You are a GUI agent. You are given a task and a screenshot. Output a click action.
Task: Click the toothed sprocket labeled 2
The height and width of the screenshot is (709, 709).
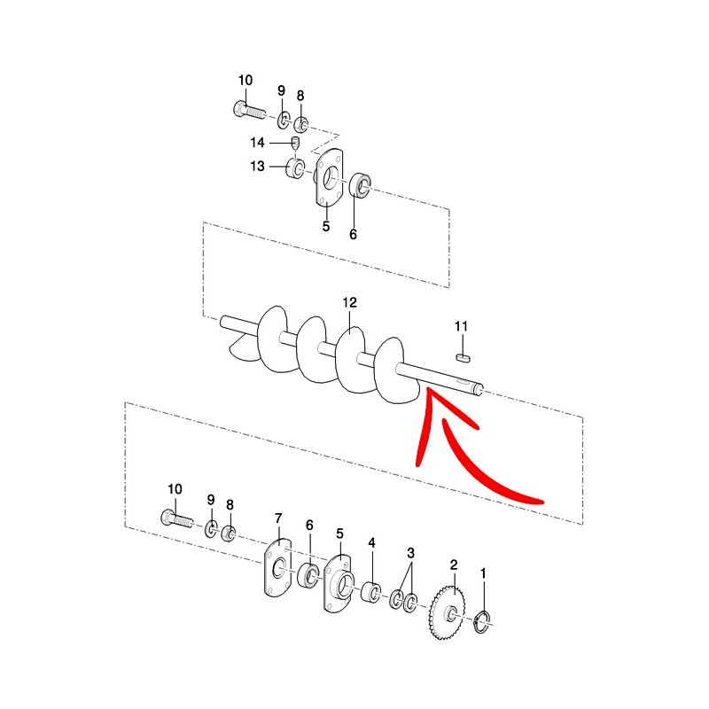click(447, 612)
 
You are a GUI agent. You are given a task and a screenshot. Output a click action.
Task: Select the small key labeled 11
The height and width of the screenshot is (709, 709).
click(463, 358)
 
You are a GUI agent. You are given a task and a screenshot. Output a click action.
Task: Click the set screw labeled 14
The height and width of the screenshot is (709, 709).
click(295, 143)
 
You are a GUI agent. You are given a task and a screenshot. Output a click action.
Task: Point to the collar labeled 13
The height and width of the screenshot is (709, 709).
click(296, 168)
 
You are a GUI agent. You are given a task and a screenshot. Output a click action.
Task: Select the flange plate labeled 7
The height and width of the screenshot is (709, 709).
click(277, 567)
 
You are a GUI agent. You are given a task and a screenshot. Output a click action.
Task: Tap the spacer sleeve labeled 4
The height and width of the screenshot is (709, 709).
click(370, 592)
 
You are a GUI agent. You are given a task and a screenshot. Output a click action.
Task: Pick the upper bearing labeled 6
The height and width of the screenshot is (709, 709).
click(361, 184)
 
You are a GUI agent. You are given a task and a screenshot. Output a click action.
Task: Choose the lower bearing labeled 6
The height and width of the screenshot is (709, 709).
click(308, 575)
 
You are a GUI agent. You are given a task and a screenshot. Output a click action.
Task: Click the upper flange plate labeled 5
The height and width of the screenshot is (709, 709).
click(329, 177)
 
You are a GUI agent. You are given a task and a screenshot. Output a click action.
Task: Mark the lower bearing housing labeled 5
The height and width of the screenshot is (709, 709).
click(339, 582)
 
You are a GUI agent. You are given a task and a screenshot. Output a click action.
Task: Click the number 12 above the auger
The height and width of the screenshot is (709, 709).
click(349, 302)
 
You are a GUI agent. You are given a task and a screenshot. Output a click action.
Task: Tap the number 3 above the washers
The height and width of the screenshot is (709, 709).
click(410, 552)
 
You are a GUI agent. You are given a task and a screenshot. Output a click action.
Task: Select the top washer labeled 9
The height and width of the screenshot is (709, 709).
click(283, 120)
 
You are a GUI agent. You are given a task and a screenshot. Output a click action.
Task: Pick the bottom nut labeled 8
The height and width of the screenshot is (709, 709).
click(229, 534)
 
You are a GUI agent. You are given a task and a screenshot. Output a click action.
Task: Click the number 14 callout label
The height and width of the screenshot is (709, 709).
click(257, 143)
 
